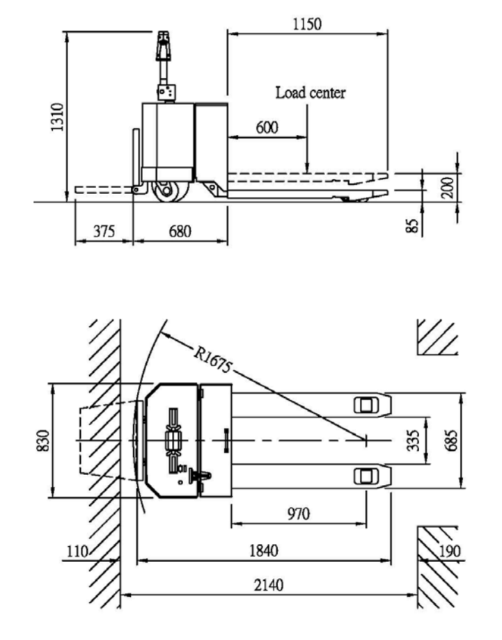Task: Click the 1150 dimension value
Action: (x=308, y=24)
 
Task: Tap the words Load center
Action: (x=310, y=93)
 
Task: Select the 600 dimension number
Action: (x=267, y=127)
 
